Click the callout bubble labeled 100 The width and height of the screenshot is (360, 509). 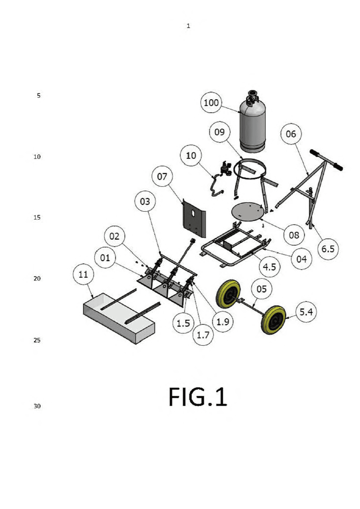point(211,102)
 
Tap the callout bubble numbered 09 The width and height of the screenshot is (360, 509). point(219,132)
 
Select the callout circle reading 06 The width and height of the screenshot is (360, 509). point(291,134)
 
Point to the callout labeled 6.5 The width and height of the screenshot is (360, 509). point(328,249)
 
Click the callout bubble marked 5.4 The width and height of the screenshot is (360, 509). point(306,312)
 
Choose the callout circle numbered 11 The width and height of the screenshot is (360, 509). point(83,275)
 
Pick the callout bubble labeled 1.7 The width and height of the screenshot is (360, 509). point(203,335)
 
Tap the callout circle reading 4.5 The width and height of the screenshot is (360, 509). point(269,267)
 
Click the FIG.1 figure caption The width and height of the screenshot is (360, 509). point(198,397)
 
